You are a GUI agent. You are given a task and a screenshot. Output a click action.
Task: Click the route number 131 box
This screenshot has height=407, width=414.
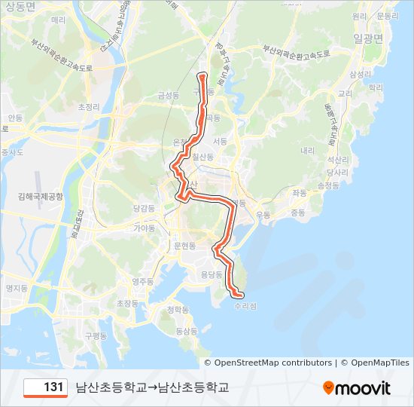(x=46, y=387)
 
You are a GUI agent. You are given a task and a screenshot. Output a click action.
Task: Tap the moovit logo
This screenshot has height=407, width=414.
(x=357, y=388)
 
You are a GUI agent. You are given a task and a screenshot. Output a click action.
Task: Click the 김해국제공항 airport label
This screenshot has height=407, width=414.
(x=41, y=196)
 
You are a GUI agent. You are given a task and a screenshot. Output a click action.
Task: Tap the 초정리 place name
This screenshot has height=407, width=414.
(x=89, y=107)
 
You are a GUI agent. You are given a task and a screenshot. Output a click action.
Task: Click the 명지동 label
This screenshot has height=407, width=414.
(x=16, y=288)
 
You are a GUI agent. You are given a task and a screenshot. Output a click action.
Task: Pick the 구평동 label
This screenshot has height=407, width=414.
(x=96, y=335)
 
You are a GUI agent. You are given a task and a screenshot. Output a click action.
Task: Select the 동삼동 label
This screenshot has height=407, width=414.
(x=186, y=330)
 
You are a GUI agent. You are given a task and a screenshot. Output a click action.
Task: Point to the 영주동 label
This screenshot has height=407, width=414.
(x=142, y=281)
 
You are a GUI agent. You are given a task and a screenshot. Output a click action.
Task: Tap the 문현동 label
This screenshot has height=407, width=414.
(x=184, y=246)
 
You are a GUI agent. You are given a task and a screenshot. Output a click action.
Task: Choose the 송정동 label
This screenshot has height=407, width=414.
(x=329, y=185)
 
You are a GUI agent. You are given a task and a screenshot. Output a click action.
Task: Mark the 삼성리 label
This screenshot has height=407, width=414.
(x=360, y=74)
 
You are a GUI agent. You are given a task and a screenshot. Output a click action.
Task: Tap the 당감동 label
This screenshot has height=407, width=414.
(x=143, y=207)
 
